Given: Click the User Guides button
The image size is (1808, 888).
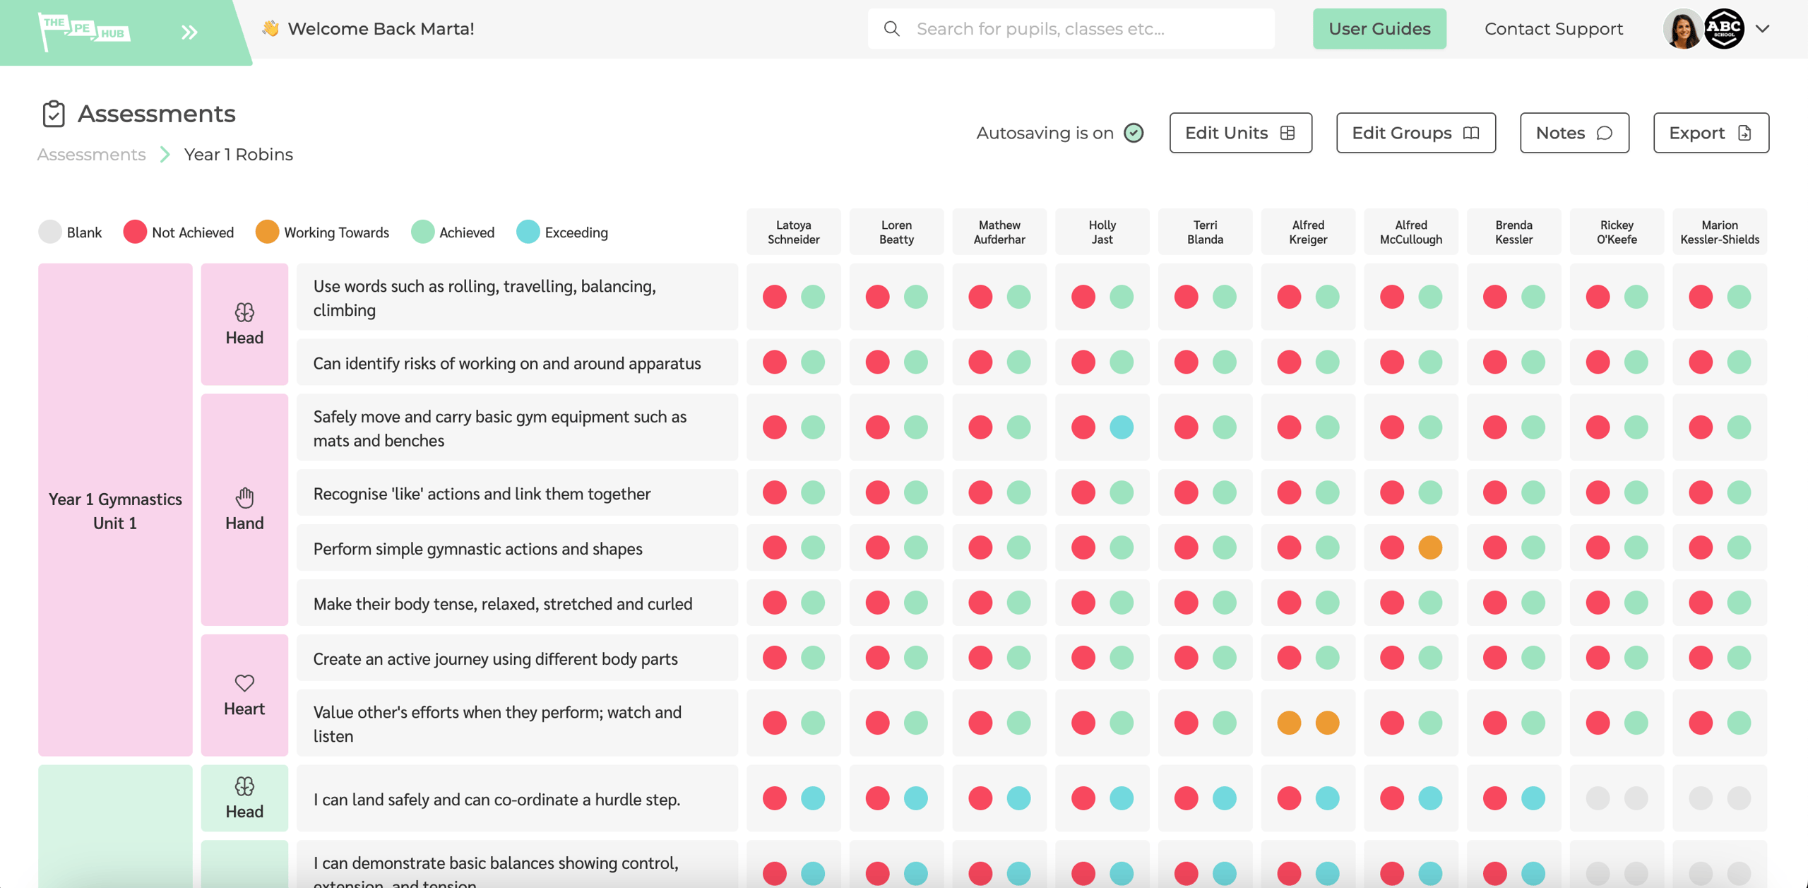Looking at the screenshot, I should coord(1379,29).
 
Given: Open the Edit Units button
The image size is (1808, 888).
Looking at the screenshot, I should coord(1240,133).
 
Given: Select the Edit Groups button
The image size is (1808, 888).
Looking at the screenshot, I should coord(1415,133).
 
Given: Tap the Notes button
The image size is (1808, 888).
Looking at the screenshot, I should coord(1574,133).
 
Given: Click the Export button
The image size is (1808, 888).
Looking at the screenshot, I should coord(1711,133).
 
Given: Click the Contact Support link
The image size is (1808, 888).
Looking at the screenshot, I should coord(1554,29).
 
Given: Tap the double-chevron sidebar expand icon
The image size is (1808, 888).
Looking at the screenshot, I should coord(189,32).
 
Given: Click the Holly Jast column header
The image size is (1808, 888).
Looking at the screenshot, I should coord(1102,232).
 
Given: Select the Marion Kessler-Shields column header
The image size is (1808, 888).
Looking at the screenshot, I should coord(1720,232).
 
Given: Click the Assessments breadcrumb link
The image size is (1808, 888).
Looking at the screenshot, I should coord(92,155).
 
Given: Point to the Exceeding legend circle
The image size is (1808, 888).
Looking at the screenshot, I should coord(528,232).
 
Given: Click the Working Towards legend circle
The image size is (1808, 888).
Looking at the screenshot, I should coord(267,232).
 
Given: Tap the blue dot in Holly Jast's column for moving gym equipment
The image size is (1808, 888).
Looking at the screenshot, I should coord(1122,427).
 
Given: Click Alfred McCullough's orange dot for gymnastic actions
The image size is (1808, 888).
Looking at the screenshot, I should coord(1430,547).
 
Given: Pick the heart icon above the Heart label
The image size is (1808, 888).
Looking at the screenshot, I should coord(244,683).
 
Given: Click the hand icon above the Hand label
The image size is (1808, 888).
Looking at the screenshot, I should coord(244,498).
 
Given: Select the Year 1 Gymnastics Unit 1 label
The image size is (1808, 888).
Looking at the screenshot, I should coord(115,511).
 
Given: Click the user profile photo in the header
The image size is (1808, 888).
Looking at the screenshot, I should coord(1682,30).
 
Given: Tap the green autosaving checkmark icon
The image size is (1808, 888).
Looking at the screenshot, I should coord(1134,133).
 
